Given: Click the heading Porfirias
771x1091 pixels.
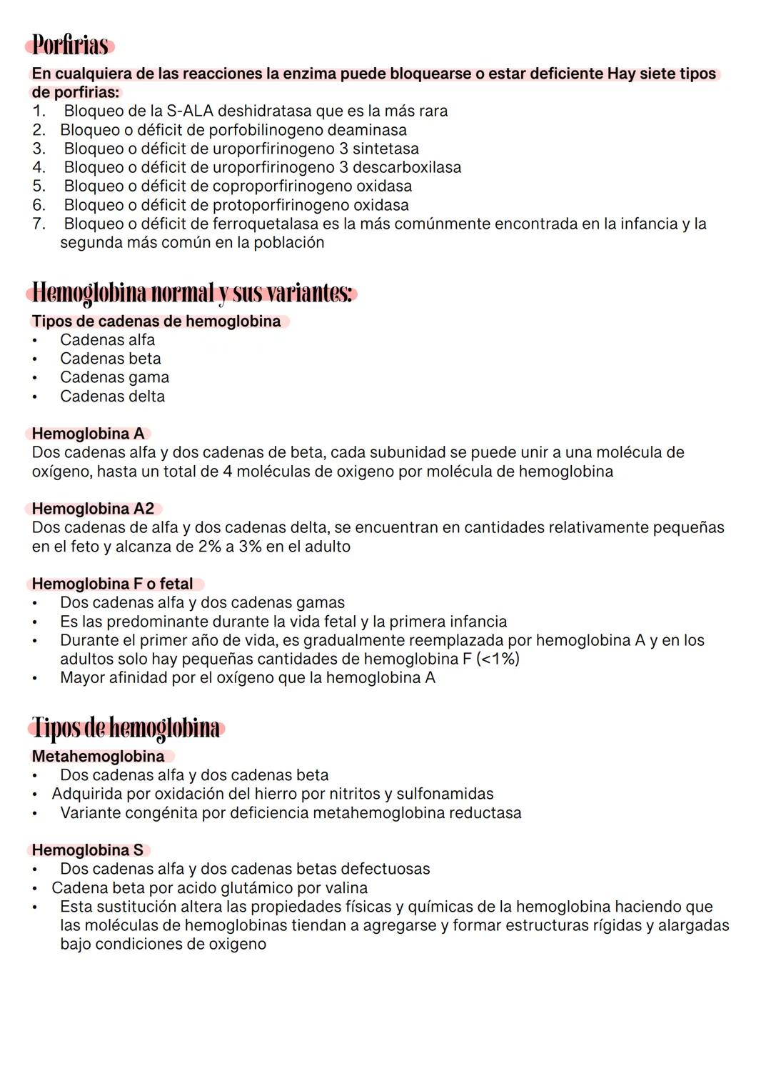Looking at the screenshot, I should pyautogui.click(x=70, y=45).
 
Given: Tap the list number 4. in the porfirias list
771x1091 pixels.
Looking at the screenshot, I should pyautogui.click(x=39, y=167).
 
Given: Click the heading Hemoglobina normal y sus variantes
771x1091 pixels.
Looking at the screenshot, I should pyautogui.click(x=192, y=293).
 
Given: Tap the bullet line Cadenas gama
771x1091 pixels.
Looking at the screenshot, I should pyautogui.click(x=114, y=377).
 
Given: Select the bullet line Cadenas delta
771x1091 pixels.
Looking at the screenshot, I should pyautogui.click(x=112, y=396).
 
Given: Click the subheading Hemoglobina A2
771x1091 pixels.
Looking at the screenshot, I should pyautogui.click(x=93, y=509).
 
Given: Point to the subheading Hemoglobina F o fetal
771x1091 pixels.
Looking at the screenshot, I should pyautogui.click(x=113, y=584).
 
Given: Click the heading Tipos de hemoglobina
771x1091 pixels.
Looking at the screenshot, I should pyautogui.click(x=126, y=728).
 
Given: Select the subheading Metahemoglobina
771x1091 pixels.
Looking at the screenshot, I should pyautogui.click(x=98, y=756).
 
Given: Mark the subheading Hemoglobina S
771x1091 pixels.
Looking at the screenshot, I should pyautogui.click(x=87, y=850).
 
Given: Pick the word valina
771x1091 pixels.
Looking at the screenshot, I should pyautogui.click(x=345, y=888).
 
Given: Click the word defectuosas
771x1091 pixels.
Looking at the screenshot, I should pyautogui.click(x=385, y=869).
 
